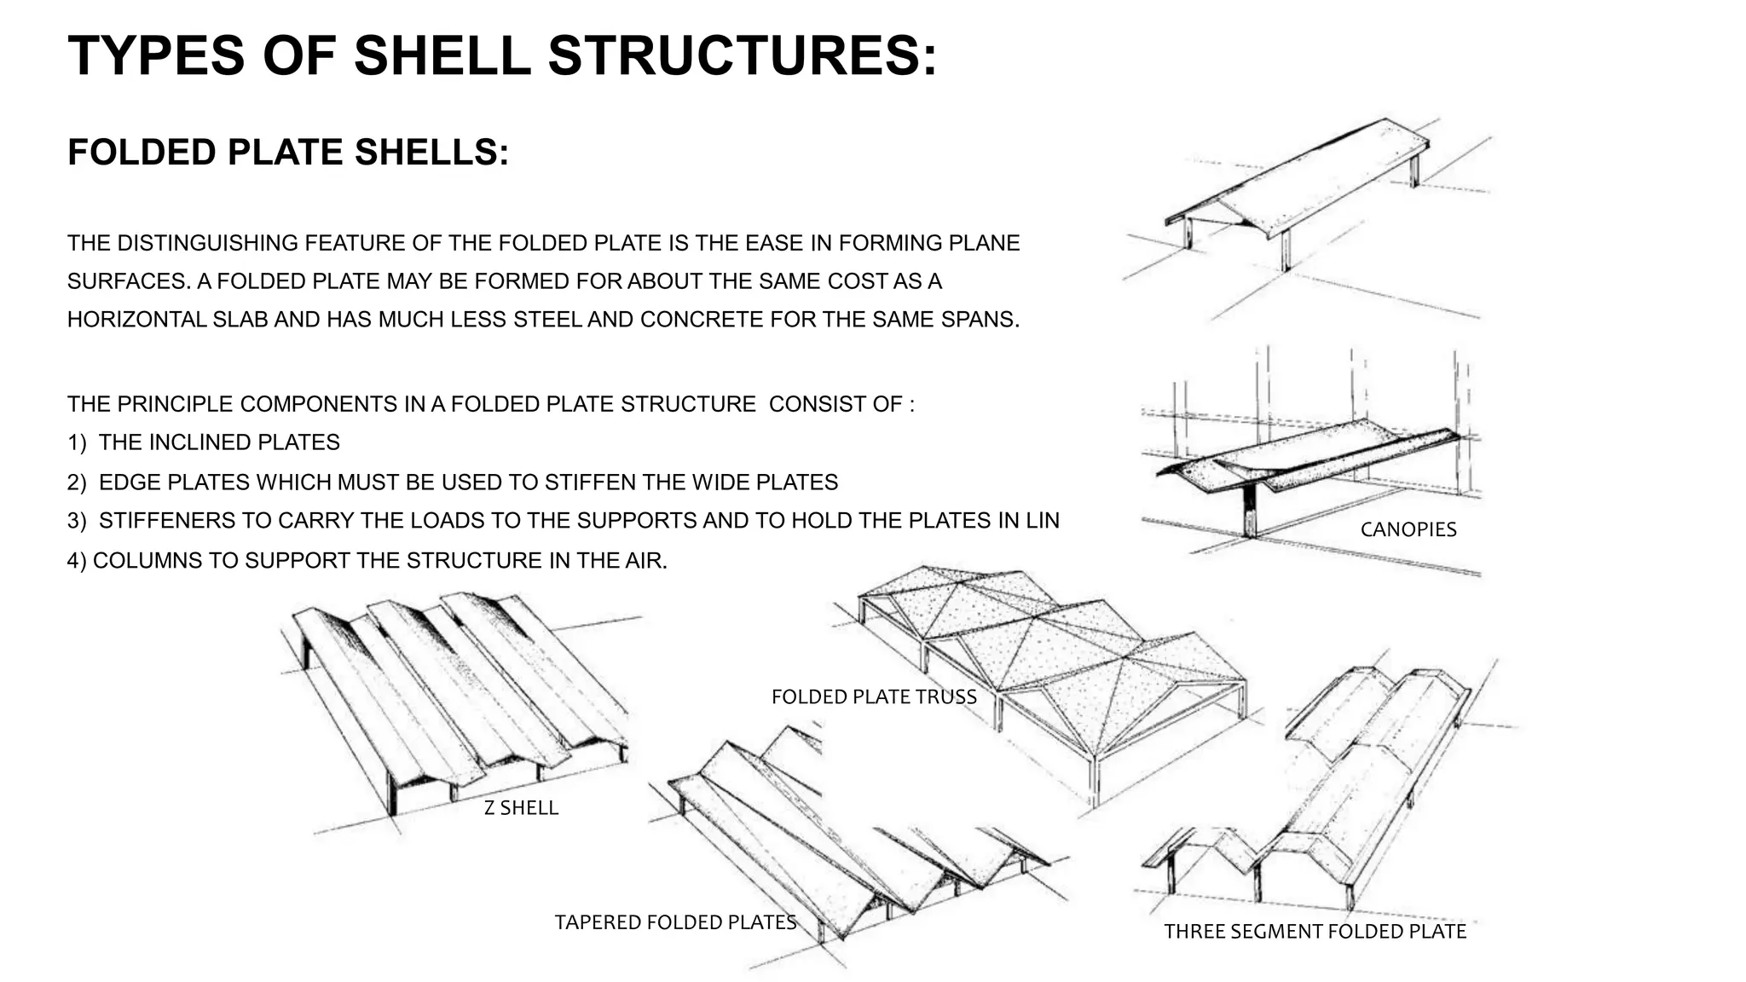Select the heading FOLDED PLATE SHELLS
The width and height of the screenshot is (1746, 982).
(288, 153)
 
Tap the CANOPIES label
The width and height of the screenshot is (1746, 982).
(1408, 529)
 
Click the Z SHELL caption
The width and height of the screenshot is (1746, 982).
(521, 807)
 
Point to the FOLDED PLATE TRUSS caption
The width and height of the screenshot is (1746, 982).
(874, 696)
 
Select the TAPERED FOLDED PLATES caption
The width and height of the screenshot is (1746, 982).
(675, 922)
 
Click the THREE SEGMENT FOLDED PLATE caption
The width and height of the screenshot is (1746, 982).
(1315, 932)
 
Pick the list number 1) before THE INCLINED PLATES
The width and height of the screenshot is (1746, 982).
(77, 442)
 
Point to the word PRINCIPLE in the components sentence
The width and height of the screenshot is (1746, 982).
(176, 404)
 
